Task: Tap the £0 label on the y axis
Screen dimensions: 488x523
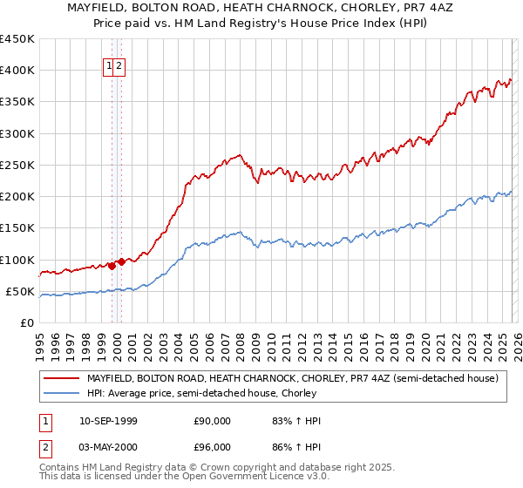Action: pos(26,323)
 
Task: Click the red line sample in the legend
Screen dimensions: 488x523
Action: pos(61,379)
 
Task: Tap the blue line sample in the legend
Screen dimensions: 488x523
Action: pos(61,393)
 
